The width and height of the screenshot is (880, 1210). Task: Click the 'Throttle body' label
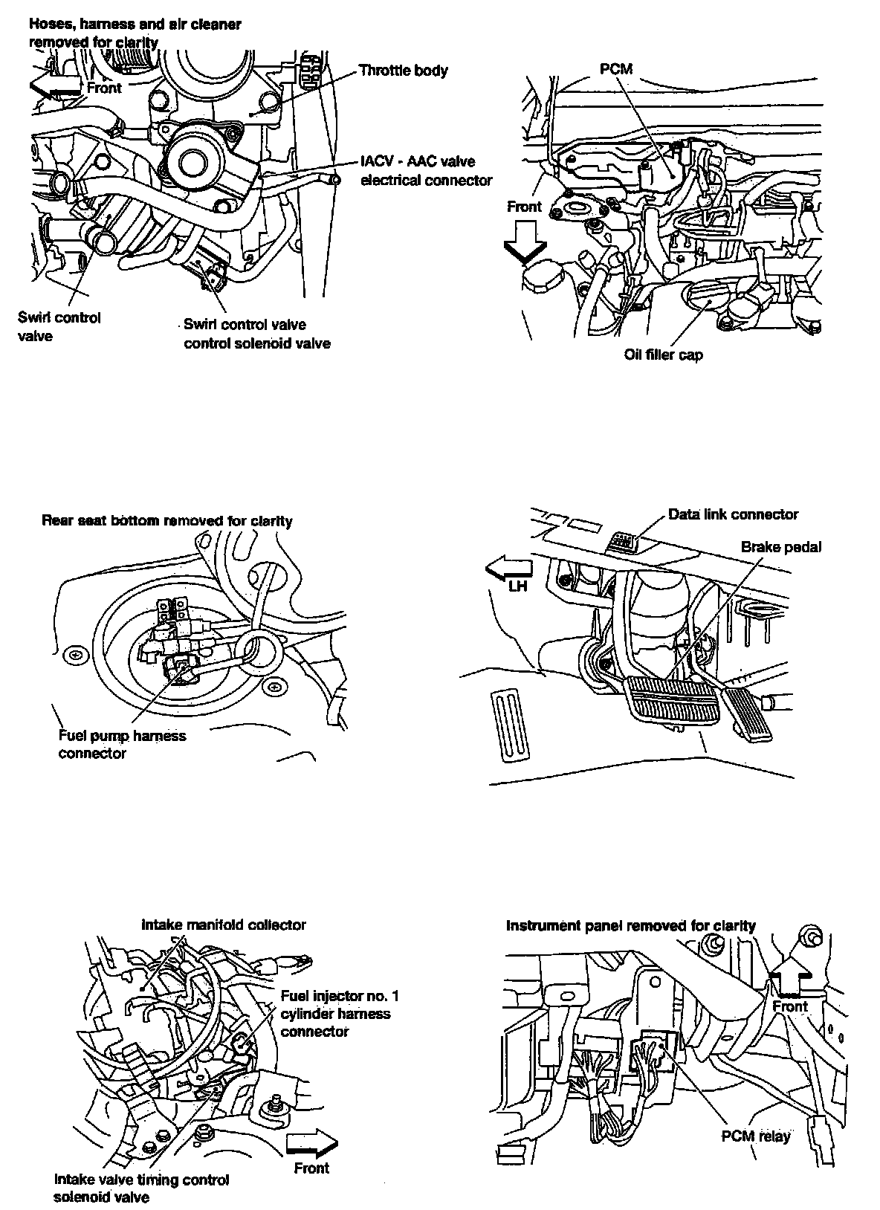[x=404, y=71]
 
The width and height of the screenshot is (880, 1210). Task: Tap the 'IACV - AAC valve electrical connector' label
[x=426, y=171]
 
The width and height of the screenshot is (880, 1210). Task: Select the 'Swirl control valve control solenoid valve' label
[x=256, y=334]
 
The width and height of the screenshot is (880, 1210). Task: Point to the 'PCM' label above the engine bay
[x=616, y=69]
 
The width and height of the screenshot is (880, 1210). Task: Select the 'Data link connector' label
[x=733, y=514]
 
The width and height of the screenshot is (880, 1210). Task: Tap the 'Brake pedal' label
[x=781, y=547]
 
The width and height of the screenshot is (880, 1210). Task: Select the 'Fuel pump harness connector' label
[x=122, y=744]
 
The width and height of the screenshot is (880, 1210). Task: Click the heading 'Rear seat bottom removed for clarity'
[x=166, y=520]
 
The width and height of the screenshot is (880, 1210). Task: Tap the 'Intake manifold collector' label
[x=224, y=925]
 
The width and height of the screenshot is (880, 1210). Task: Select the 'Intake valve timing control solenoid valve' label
[x=141, y=1188]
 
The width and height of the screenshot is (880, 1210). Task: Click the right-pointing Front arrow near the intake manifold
[x=312, y=1141]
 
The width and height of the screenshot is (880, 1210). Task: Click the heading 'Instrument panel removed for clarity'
[x=630, y=925]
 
